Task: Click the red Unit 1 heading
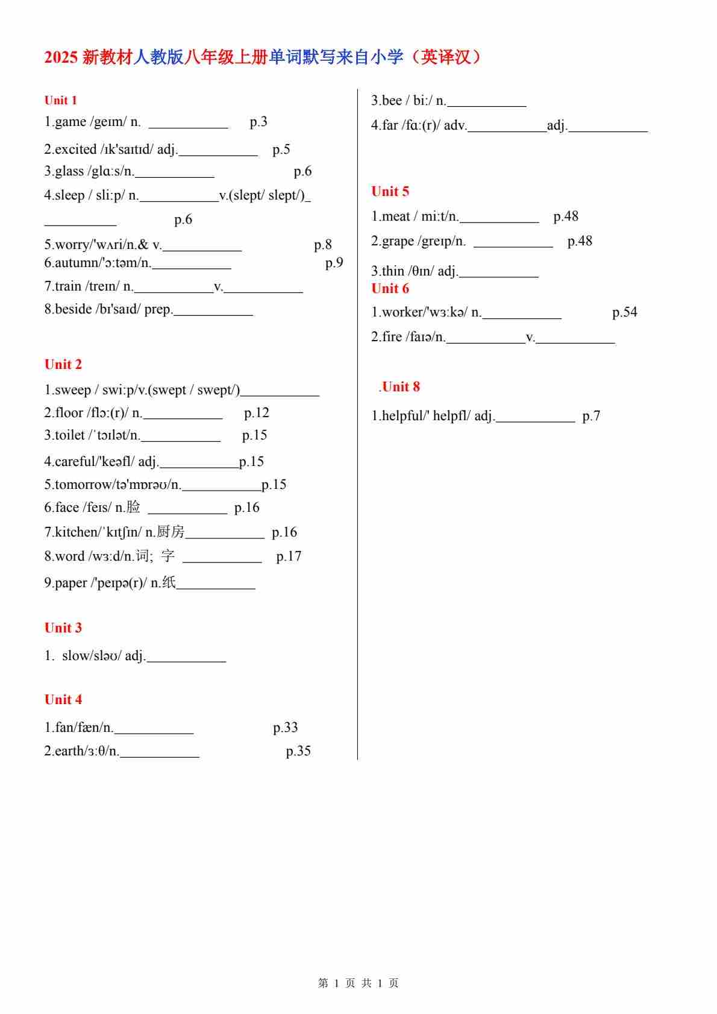click(61, 100)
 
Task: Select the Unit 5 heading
click(390, 192)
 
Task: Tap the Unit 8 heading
click(401, 387)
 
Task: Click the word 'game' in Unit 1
click(70, 122)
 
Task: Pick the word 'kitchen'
click(75, 532)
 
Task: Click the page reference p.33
click(285, 728)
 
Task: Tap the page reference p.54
click(624, 312)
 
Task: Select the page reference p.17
click(289, 556)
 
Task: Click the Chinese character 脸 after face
click(133, 508)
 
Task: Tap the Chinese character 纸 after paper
click(169, 583)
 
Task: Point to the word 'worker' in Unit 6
click(403, 312)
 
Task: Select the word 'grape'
click(398, 242)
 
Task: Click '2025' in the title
click(61, 58)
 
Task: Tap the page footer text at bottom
click(358, 983)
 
